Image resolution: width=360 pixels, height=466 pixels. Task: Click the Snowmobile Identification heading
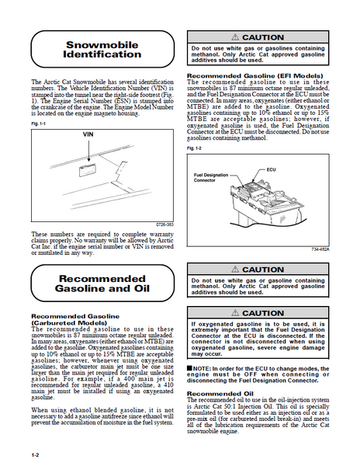tap(102, 50)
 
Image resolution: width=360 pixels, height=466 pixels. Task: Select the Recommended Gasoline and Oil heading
tap(102, 283)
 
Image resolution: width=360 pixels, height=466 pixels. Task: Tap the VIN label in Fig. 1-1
tap(88, 134)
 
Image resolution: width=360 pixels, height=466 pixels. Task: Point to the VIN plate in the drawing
tap(88, 170)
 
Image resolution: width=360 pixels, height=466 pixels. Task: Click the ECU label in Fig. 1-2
tap(271, 169)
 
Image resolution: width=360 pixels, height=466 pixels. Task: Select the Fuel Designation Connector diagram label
tap(211, 178)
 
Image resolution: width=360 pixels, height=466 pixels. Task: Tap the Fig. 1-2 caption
tap(194, 148)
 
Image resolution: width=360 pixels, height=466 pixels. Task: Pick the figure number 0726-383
tap(164, 224)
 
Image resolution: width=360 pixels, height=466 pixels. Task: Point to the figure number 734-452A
tap(320, 249)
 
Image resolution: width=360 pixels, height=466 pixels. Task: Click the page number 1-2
tap(36, 455)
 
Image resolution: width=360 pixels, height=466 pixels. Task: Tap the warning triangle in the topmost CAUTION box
tap(235, 37)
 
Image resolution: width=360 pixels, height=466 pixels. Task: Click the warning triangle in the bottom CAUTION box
tap(235, 313)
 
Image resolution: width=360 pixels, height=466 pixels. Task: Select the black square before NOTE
tap(189, 368)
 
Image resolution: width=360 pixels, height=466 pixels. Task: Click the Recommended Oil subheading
tap(220, 394)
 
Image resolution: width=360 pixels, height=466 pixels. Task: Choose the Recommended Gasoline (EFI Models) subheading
tap(255, 76)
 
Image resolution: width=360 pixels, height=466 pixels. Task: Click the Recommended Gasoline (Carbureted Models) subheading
tap(75, 319)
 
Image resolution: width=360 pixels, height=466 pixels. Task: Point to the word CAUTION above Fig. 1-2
tap(263, 37)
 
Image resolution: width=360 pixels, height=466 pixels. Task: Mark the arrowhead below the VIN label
tap(88, 159)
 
